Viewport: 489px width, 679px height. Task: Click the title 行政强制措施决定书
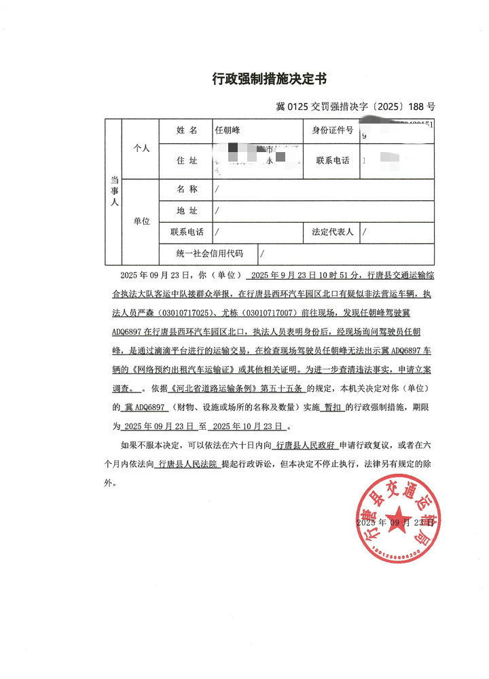pos(269,79)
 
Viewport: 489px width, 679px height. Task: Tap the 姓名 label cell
pos(186,130)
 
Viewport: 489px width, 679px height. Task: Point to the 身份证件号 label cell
pos(332,130)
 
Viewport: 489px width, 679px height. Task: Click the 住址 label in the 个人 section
pos(186,161)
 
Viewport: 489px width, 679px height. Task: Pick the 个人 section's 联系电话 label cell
pos(332,161)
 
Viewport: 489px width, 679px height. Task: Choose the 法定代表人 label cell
pos(332,232)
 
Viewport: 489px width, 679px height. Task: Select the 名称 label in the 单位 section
pos(186,189)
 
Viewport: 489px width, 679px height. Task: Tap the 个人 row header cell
pos(141,148)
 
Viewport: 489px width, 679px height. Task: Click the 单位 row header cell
pos(141,221)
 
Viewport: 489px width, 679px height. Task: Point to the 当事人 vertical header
pos(113,192)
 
